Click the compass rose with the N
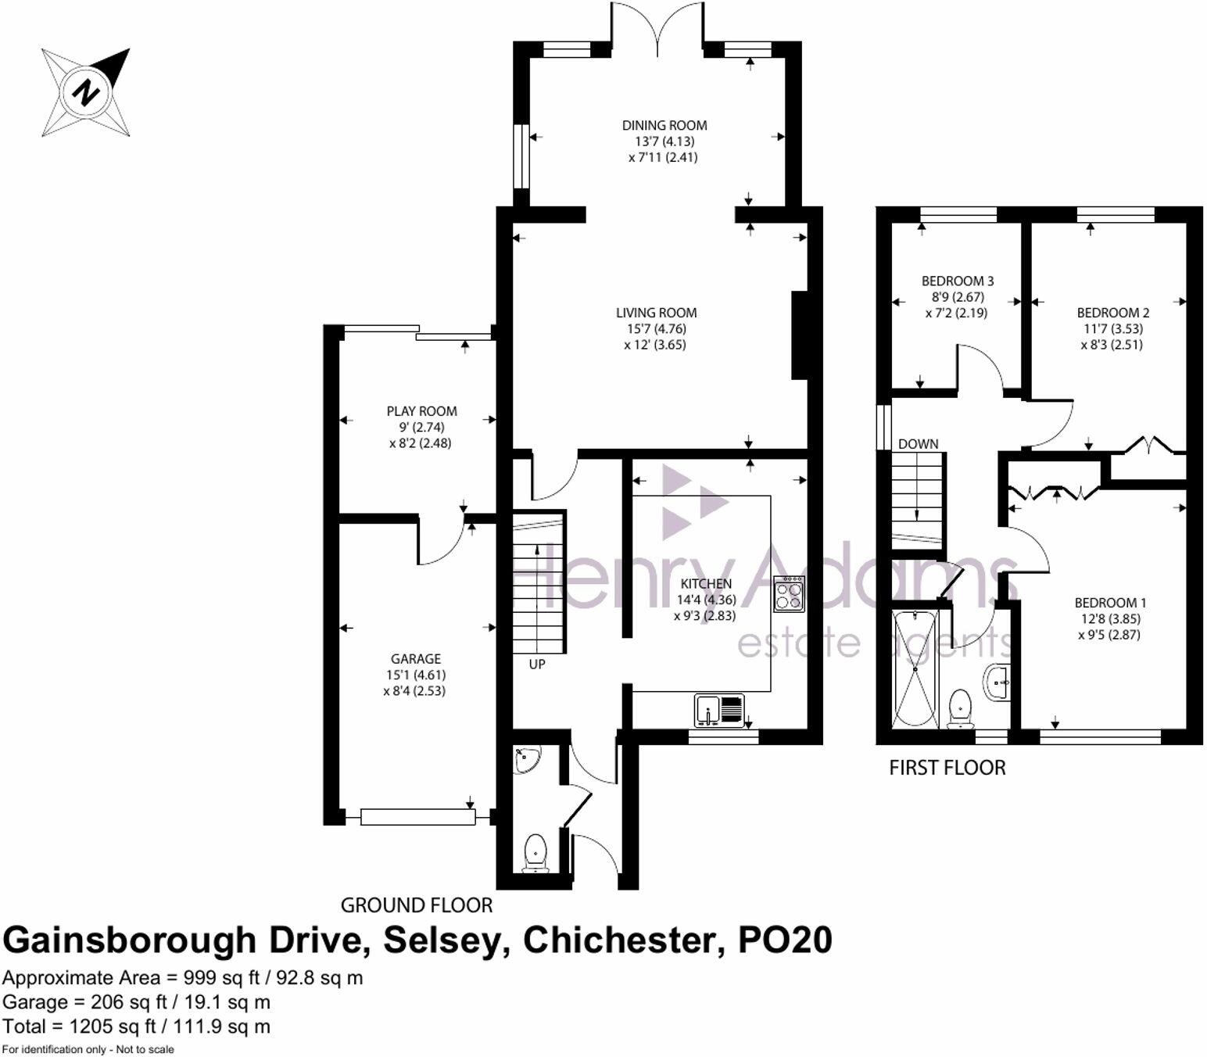tap(86, 93)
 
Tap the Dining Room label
tap(664, 125)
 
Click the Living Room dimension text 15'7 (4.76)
tap(655, 329)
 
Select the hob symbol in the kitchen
tap(789, 593)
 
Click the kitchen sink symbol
tap(718, 710)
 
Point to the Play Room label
tap(421, 411)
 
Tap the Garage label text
tap(416, 659)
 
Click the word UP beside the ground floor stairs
tap(537, 665)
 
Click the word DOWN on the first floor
tap(918, 444)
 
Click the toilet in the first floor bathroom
tap(959, 709)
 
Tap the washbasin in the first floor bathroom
tap(997, 683)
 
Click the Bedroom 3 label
tap(958, 281)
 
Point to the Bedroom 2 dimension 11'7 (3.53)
tap(1112, 329)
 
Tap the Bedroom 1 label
tap(1110, 603)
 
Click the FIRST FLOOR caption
tap(947, 768)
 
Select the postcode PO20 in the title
tap(786, 940)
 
